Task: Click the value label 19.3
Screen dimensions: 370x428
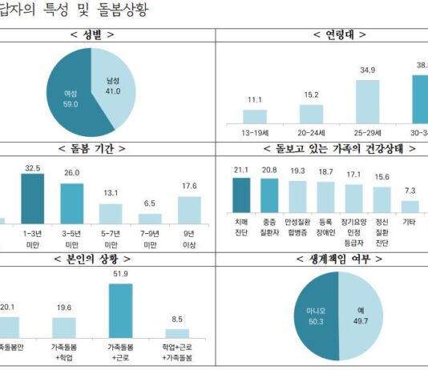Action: tap(297, 171)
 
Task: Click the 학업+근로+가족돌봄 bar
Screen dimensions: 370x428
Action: tap(177, 332)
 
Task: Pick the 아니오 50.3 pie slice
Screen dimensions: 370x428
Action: tap(315, 310)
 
